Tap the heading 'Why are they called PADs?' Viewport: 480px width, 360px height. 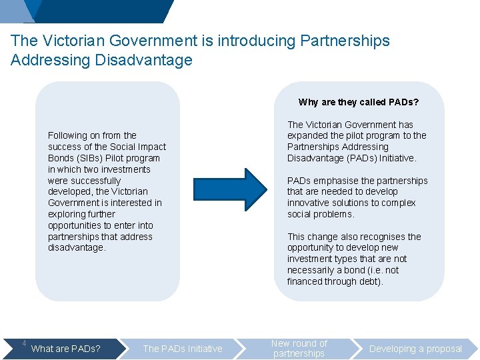(x=359, y=102)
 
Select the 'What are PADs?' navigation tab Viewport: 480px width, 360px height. (x=66, y=349)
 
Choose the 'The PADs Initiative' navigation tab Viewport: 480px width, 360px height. (x=183, y=349)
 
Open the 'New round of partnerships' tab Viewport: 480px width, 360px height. (x=299, y=349)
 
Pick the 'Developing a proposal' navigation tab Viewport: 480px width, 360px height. (x=415, y=349)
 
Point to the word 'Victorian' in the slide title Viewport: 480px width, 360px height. (x=74, y=41)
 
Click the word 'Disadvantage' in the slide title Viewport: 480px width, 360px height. (x=143, y=60)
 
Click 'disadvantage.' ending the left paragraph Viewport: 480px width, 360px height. (x=77, y=247)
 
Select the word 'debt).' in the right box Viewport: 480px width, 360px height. (x=370, y=281)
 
